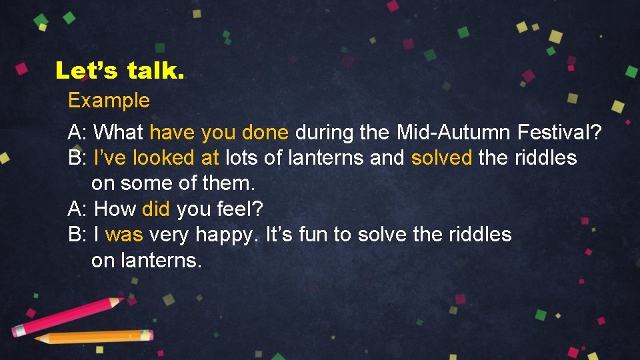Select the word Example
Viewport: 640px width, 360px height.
109,101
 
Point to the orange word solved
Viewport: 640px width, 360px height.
442,158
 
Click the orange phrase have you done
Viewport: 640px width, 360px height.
219,133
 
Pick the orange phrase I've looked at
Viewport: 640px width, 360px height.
157,158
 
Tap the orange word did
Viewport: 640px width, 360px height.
156,209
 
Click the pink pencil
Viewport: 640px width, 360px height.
67,316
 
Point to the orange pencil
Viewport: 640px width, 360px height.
93,337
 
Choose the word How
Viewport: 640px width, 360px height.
115,209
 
